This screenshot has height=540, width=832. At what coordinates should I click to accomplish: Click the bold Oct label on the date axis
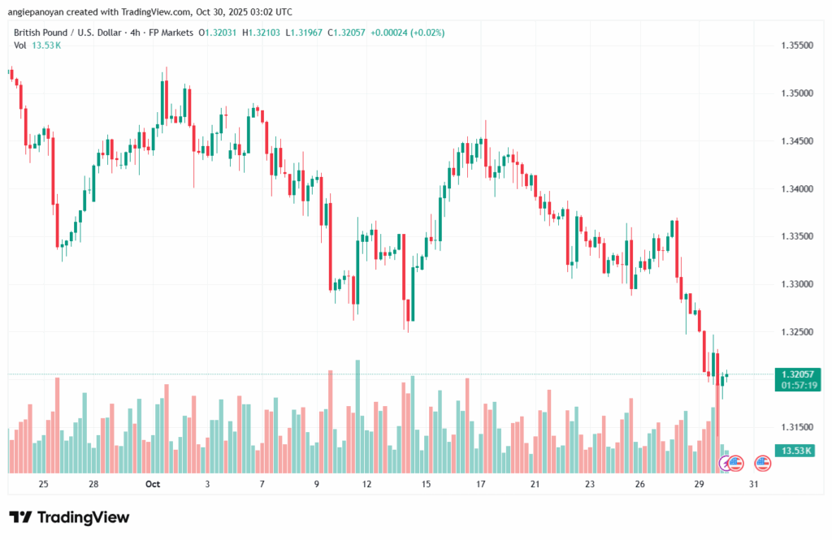(152, 484)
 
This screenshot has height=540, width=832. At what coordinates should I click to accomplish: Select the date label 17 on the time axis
(480, 484)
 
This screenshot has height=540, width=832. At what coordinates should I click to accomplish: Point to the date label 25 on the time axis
(43, 484)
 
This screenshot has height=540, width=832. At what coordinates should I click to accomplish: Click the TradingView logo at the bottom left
(69, 517)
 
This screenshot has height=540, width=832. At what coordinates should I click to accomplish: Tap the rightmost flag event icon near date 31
(762, 463)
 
